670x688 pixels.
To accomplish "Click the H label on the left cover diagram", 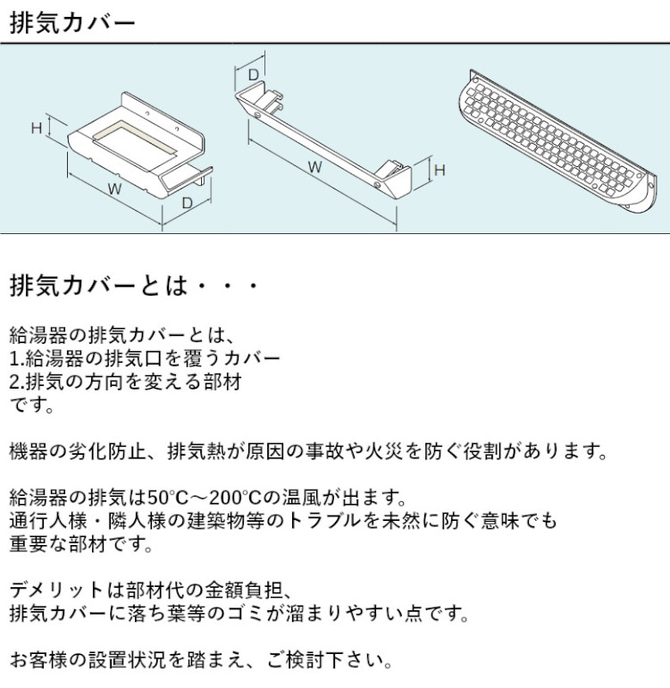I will point(37,128).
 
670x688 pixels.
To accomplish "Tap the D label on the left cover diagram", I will point(187,204).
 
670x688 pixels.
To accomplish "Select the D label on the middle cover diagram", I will point(253,73).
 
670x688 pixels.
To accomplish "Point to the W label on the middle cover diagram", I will point(314,166).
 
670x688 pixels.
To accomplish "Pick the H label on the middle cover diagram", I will point(440,169).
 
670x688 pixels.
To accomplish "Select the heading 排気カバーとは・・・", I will point(134,287).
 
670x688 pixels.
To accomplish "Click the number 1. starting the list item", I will point(16,359).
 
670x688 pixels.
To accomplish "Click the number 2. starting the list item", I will point(16,382).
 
